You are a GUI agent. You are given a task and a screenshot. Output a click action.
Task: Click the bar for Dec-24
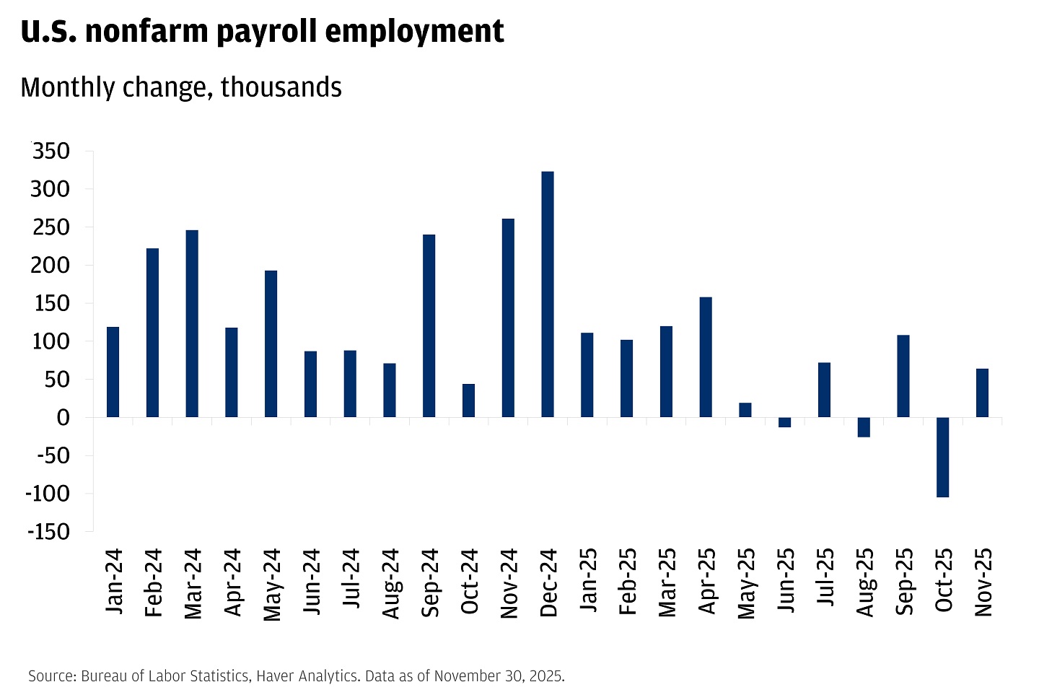coord(548,294)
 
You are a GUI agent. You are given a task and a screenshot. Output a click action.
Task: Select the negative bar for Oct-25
coord(943,457)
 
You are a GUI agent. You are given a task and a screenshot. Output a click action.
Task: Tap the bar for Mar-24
coord(192,323)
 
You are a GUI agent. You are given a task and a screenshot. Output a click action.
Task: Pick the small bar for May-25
coord(745,410)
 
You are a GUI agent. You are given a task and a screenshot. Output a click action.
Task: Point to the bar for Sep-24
coord(429,325)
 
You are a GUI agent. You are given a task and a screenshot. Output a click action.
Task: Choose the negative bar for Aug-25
coord(864,427)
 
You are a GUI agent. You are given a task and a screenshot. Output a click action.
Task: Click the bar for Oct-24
coord(469,401)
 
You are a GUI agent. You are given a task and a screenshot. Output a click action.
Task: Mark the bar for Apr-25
coord(706,357)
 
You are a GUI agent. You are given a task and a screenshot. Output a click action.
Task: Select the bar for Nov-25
coord(983,393)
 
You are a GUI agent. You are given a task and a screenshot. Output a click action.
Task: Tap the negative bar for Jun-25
coord(785,422)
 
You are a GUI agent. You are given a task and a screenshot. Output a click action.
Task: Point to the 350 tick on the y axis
coord(51,152)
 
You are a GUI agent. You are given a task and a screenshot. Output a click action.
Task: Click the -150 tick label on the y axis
coord(48,532)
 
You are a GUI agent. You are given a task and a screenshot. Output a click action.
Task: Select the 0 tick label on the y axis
coord(63,418)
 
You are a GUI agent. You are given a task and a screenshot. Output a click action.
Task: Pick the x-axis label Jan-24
coord(114,582)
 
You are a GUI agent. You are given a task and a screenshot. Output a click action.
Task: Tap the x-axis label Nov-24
coord(509,583)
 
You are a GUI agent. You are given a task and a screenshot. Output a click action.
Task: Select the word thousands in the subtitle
coord(281,87)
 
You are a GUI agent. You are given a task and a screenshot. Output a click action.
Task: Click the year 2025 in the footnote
coord(546,676)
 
